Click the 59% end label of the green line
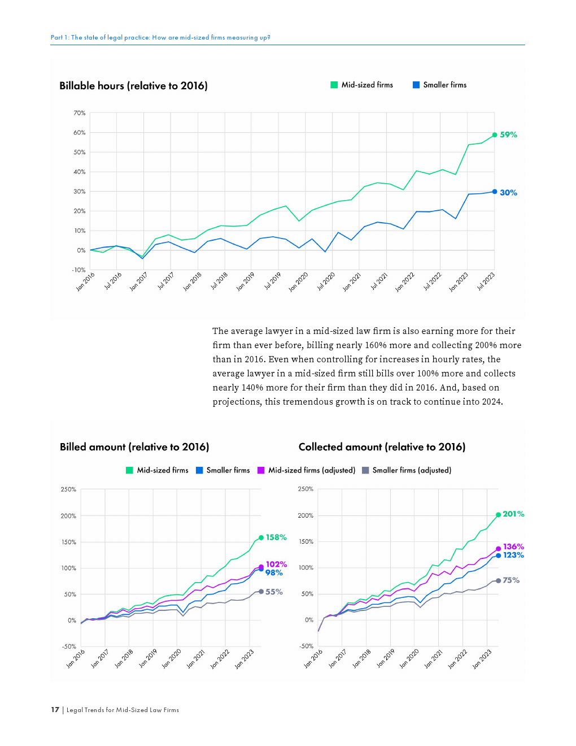(508, 135)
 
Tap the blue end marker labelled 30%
(495, 192)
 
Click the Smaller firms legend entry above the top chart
(440, 85)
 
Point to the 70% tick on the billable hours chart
(80, 113)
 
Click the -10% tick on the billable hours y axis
(78, 270)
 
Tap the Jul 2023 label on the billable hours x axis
(486, 281)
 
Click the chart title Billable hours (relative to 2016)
(133, 86)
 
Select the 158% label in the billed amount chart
(276, 537)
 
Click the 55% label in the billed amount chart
(274, 592)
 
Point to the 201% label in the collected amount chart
(513, 514)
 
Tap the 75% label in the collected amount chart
(511, 580)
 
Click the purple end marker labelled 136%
(499, 549)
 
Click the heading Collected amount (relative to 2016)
(382, 447)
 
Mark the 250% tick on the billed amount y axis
(68, 489)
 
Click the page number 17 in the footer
(55, 710)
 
